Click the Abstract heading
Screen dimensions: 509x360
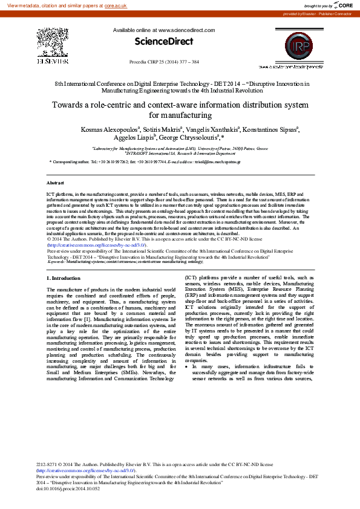(55, 182)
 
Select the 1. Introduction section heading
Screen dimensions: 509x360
(63, 278)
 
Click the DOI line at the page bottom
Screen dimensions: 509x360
(68, 488)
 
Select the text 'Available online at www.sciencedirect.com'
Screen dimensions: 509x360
(163, 30)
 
